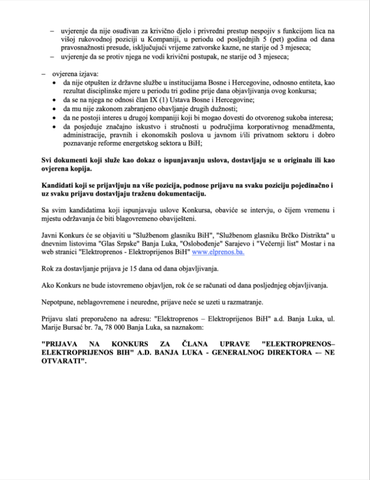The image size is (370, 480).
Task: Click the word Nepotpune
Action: tap(58, 300)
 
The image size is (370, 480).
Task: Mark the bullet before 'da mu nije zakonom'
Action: tap(54, 108)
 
